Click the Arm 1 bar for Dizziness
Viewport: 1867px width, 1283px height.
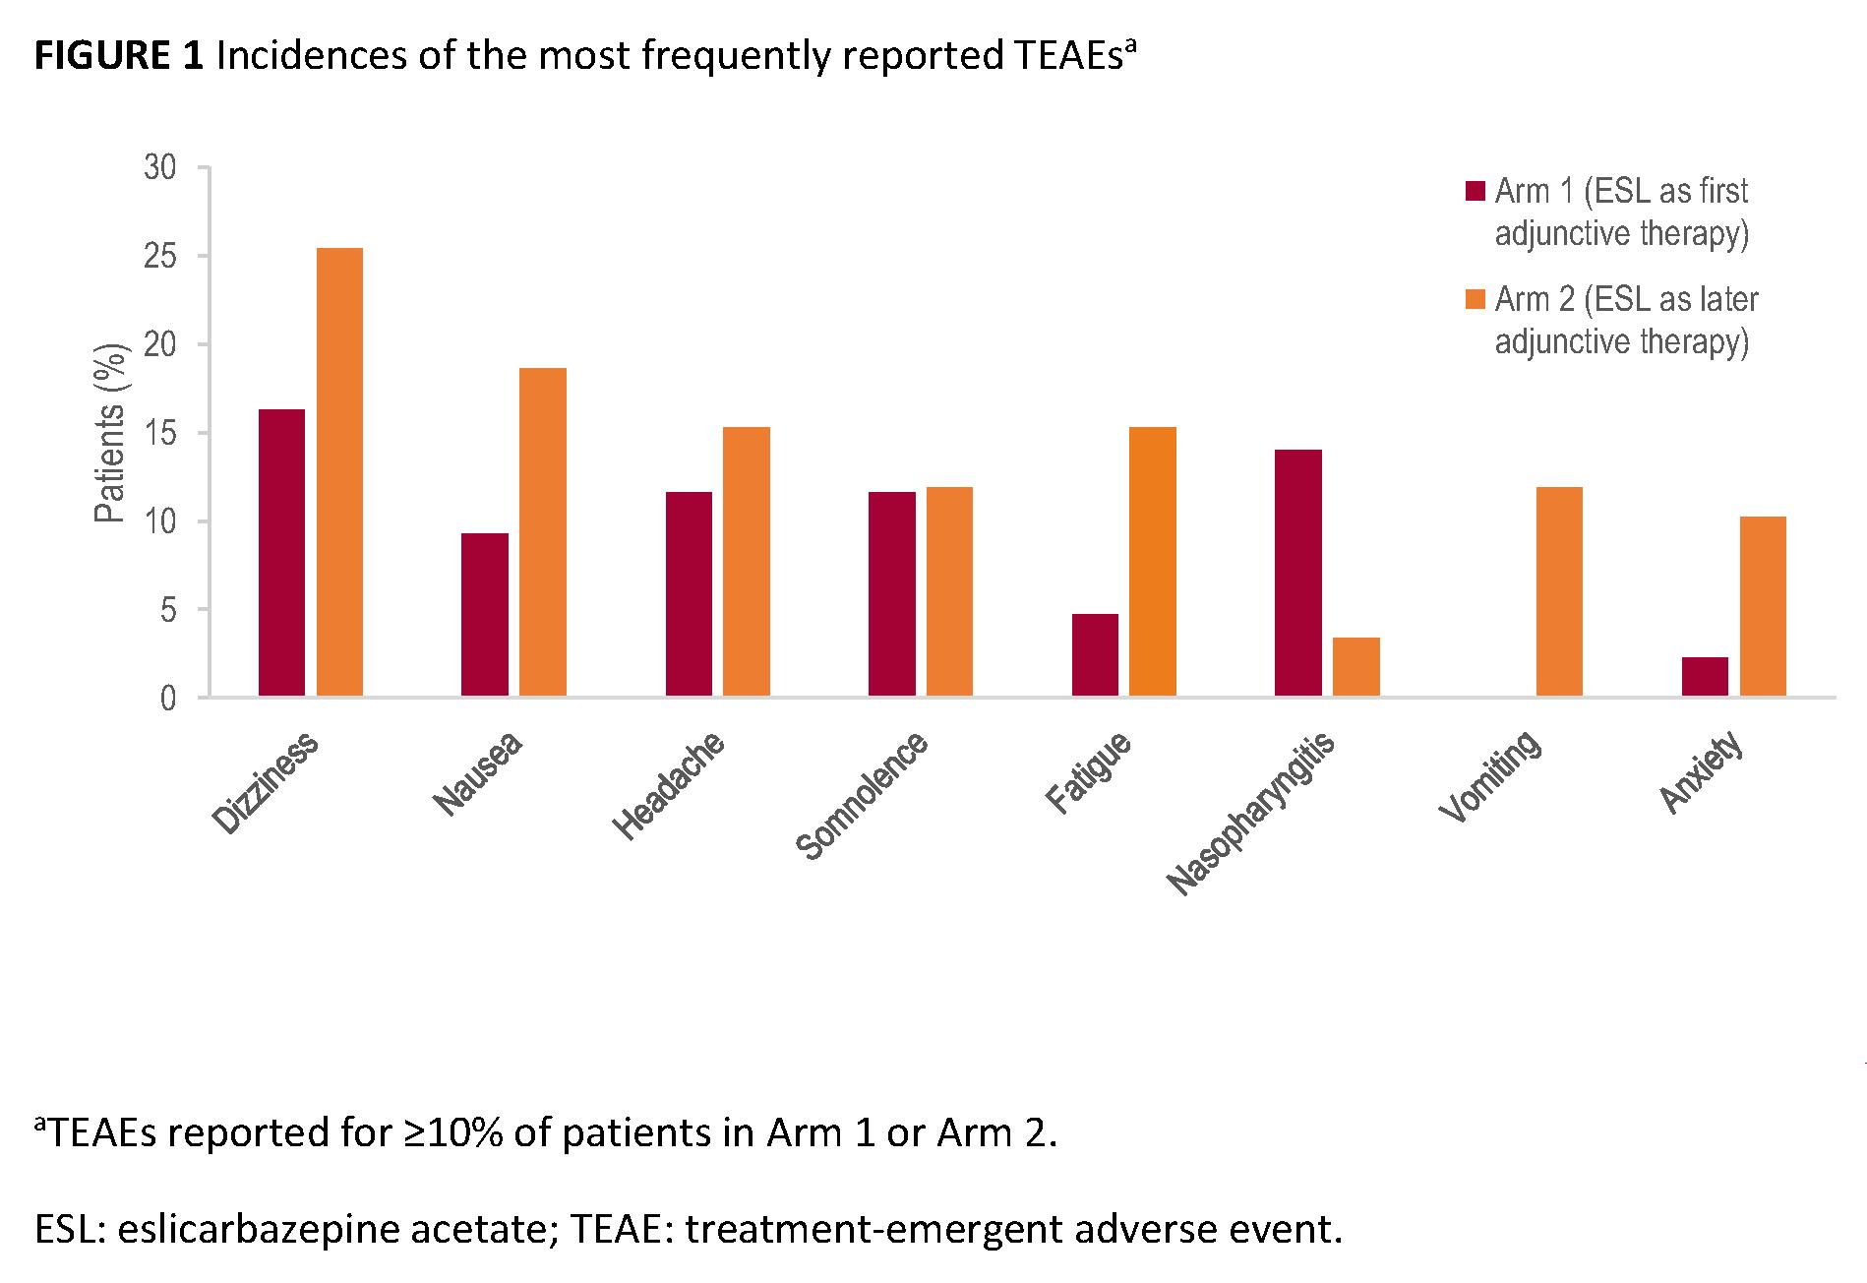281,553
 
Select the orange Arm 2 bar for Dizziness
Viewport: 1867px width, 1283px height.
339,472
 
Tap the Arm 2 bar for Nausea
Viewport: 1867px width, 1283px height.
543,532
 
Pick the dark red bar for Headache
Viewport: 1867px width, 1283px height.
689,594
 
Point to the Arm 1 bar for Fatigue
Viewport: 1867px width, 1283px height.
1095,655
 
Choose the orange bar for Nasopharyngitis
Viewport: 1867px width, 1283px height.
1356,667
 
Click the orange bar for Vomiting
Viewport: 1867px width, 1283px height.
1559,592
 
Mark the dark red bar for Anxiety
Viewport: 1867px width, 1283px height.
1705,677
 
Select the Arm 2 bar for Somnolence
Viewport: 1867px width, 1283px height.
949,592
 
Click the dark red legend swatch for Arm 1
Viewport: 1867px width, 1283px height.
1475,191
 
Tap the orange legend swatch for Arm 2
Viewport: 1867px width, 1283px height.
1475,299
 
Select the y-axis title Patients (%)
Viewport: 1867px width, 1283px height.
111,433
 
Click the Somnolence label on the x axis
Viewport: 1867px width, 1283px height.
862,797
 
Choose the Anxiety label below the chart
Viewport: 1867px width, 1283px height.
1702,773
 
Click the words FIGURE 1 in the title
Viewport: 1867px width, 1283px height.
119,57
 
